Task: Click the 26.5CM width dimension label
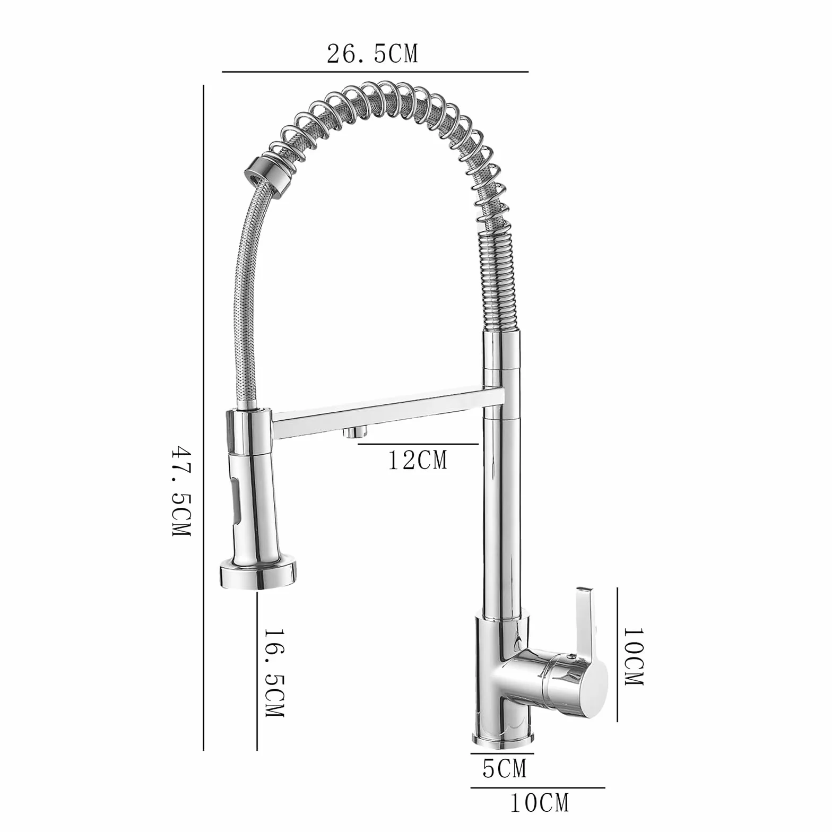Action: [372, 54]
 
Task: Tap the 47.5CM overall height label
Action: [181, 491]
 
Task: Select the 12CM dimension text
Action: [418, 460]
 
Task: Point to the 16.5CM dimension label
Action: [275, 673]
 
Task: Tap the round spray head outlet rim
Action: [258, 575]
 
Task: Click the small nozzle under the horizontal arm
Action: [351, 433]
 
